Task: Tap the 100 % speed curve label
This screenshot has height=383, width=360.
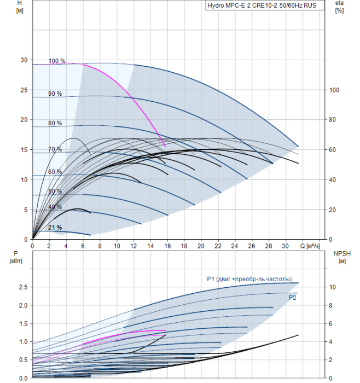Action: pos(57,61)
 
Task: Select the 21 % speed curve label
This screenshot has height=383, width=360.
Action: pos(55,228)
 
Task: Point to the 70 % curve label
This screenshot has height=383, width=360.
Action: pos(55,149)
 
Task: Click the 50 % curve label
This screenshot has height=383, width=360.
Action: pos(55,191)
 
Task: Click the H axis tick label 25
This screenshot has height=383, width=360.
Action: pos(24,90)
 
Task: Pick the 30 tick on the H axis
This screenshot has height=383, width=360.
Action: pos(24,60)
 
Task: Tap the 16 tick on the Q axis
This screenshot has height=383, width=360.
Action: pos(167,246)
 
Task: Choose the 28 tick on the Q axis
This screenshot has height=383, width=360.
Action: pos(269,246)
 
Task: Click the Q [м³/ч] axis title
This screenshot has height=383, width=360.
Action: pos(310,246)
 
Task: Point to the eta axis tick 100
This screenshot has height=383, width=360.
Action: pos(334,90)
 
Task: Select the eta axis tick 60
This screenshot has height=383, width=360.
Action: pos(333,149)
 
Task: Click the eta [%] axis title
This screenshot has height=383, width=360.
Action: pos(340,7)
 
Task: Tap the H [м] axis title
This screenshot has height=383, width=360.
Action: pos(20,7)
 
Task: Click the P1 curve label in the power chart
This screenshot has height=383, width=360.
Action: pos(249,279)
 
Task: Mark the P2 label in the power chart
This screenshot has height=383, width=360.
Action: pos(292,298)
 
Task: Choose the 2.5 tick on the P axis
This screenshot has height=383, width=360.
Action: pos(23,287)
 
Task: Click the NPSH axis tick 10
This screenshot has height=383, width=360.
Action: pos(333,287)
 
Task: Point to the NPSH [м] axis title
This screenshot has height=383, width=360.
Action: pos(342,258)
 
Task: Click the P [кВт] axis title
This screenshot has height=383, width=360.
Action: pos(16,258)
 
